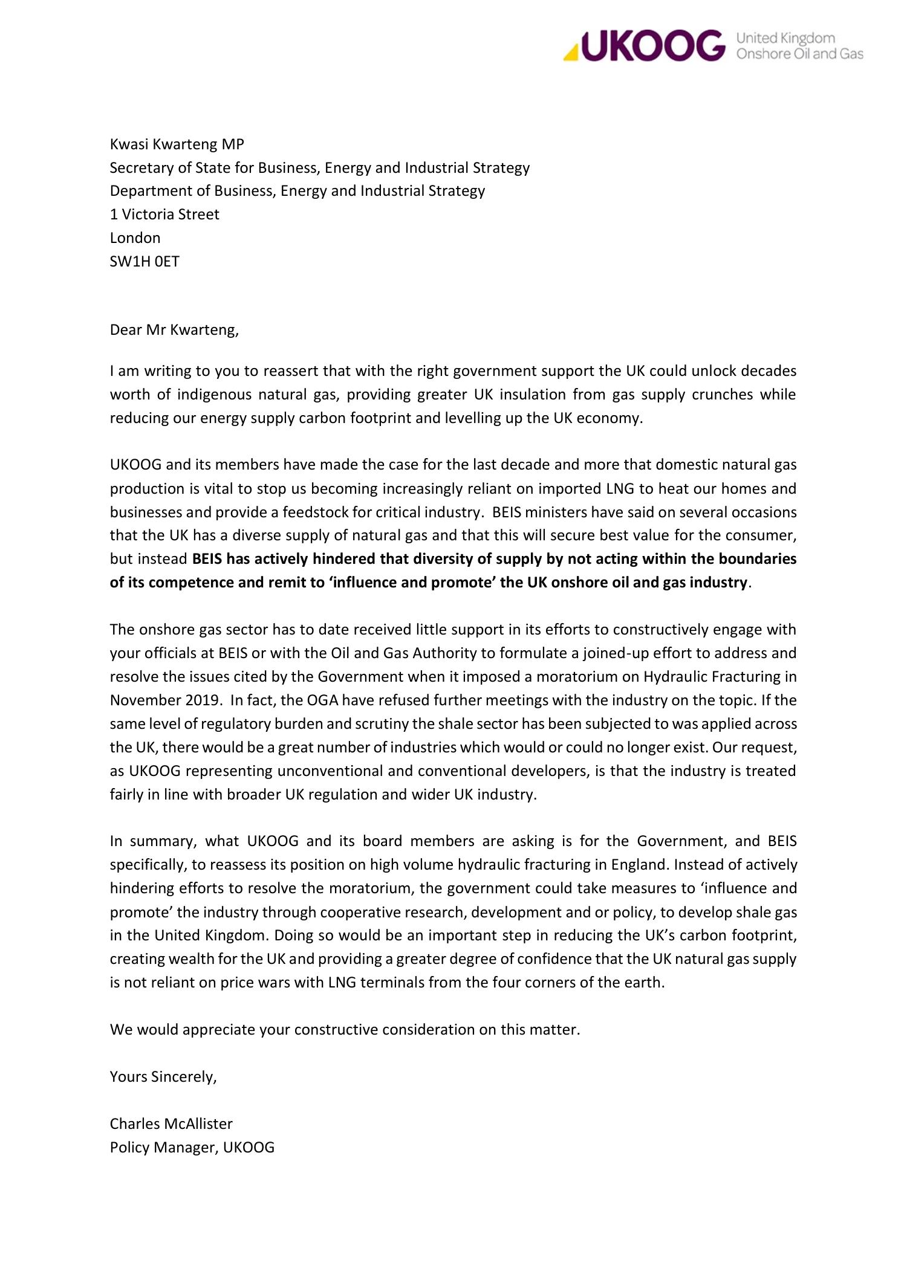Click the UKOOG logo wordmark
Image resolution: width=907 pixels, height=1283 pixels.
(x=652, y=46)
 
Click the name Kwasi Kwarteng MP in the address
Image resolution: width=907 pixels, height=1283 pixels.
(x=177, y=144)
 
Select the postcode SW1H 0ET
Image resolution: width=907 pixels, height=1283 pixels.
(x=145, y=262)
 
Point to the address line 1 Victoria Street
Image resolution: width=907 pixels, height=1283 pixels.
(x=164, y=215)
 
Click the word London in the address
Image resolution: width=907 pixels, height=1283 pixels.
(x=135, y=238)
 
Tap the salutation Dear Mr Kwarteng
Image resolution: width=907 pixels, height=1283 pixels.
(x=174, y=331)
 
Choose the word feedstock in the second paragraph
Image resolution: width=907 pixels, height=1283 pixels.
(x=333, y=512)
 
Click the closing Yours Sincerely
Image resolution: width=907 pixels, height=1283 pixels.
(x=163, y=1076)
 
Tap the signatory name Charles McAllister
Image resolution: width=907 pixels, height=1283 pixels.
(x=171, y=1123)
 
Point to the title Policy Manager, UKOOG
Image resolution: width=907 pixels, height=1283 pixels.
(x=192, y=1147)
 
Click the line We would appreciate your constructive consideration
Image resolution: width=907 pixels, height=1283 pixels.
(x=345, y=1030)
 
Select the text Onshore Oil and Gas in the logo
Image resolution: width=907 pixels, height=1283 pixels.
(x=799, y=54)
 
